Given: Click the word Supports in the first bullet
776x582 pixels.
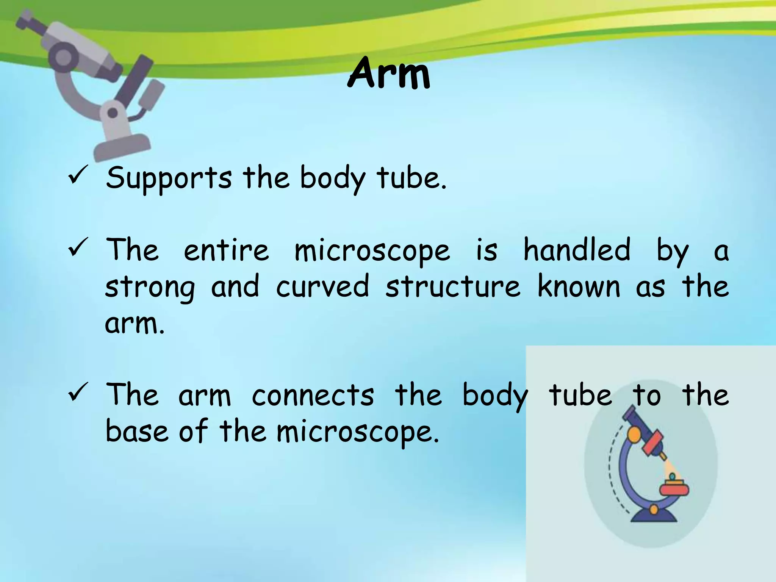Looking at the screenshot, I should [x=168, y=178].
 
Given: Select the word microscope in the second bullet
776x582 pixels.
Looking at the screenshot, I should [x=372, y=251].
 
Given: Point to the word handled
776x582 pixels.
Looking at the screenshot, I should [x=577, y=250].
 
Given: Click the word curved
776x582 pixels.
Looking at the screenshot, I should [x=322, y=286].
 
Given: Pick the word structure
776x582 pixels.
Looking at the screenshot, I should [x=453, y=286].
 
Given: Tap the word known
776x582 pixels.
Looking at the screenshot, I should [x=579, y=286].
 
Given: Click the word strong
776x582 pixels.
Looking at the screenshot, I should [x=150, y=288].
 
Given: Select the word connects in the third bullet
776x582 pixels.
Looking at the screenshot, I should [x=313, y=395].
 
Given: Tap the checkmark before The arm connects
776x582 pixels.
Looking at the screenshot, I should [x=78, y=392].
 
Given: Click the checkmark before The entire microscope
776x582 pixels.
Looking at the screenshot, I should [x=78, y=247].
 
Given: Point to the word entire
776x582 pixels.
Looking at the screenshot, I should [x=226, y=250].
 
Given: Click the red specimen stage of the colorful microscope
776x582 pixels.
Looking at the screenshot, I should [x=674, y=489].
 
